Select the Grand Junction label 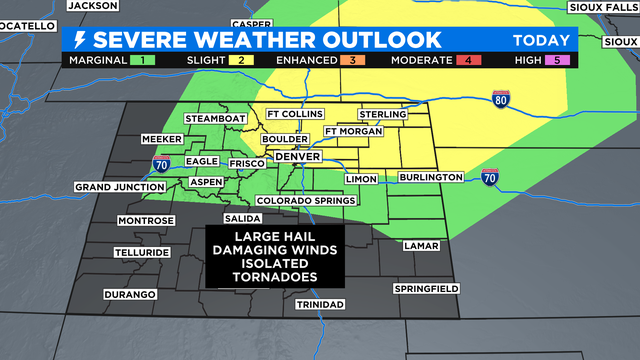click(119, 187)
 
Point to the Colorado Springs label click(305, 200)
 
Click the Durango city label click(130, 294)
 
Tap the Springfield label click(425, 288)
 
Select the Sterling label click(382, 114)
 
